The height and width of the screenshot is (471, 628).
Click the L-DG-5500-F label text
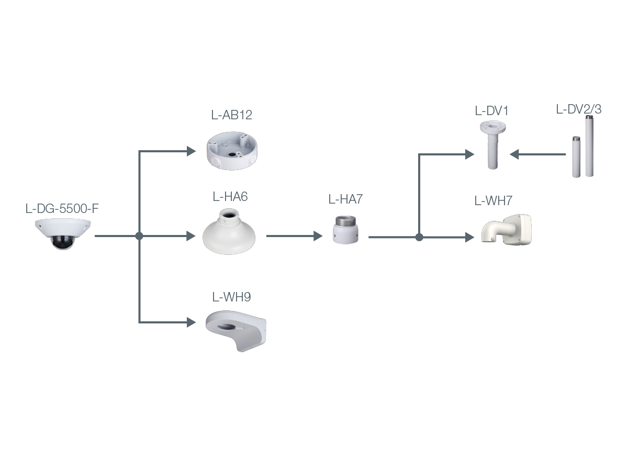pos(62,208)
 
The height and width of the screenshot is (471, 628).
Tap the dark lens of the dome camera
pos(61,242)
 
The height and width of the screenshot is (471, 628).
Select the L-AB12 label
pos(232,115)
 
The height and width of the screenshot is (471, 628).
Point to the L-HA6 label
pos(230,197)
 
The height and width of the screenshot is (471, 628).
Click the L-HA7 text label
pos(345,199)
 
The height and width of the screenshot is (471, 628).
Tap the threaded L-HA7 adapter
pos(345,230)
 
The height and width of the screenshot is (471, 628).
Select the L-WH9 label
pos(231,297)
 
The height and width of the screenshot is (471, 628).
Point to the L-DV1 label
pos(491,111)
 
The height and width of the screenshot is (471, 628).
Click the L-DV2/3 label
pos(578,110)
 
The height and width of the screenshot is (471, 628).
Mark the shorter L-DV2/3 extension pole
pos(576,158)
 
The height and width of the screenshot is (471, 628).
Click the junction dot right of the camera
pos(139,236)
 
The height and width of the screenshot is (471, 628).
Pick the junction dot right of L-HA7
pos(419,237)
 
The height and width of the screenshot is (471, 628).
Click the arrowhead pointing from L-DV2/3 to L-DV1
pos(514,154)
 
